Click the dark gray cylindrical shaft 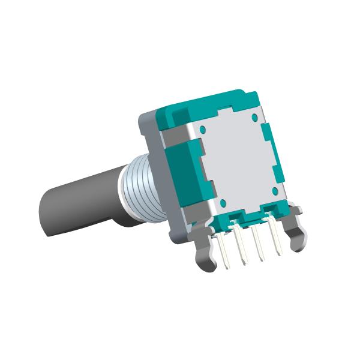[x=78, y=201]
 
